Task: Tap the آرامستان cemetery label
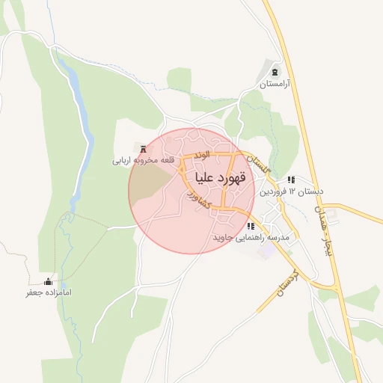tap(274, 85)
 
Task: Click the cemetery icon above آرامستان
tap(275, 73)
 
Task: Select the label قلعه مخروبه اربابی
tap(143, 160)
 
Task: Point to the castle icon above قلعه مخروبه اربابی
tap(143, 148)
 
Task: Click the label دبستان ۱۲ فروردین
tap(292, 191)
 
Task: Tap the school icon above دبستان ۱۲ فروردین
tap(291, 180)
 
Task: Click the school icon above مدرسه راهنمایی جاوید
tap(250, 226)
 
